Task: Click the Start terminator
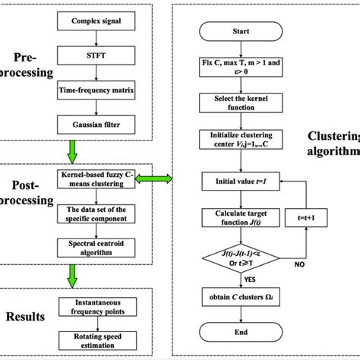tap(240, 33)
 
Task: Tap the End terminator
tap(240, 331)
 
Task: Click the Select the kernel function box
tap(240, 103)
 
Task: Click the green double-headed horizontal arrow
tap(157, 178)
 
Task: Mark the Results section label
tap(29, 316)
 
